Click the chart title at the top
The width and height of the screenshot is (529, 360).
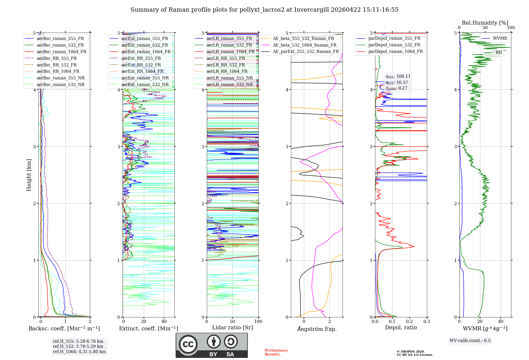click(x=264, y=10)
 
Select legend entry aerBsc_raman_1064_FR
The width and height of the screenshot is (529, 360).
click(x=61, y=52)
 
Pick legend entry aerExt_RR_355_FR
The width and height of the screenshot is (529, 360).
click(x=141, y=58)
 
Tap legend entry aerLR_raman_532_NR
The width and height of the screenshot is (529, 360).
click(x=229, y=84)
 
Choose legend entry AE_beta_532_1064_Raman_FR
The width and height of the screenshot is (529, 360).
click(x=304, y=45)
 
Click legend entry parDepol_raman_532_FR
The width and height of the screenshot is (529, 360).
click(x=394, y=45)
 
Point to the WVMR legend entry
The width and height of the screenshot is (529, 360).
click(x=500, y=38)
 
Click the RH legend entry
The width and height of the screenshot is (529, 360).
click(x=499, y=53)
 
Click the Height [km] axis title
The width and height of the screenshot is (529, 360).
click(x=29, y=175)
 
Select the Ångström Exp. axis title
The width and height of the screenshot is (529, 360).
click(x=317, y=329)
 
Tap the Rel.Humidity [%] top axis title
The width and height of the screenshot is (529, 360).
click(x=485, y=23)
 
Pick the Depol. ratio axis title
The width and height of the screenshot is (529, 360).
click(x=401, y=327)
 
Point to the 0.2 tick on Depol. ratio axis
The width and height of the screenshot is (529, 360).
click(x=409, y=321)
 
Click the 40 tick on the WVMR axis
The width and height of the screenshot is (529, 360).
click(x=501, y=321)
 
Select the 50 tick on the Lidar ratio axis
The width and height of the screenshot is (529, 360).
click(x=232, y=321)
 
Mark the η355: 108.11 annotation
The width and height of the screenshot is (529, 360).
click(x=398, y=76)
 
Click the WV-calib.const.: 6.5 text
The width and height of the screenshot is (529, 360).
click(x=470, y=340)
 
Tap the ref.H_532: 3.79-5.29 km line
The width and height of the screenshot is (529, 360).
click(x=78, y=346)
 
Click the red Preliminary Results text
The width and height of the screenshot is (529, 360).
click(x=276, y=352)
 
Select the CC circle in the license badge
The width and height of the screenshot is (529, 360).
click(x=188, y=344)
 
